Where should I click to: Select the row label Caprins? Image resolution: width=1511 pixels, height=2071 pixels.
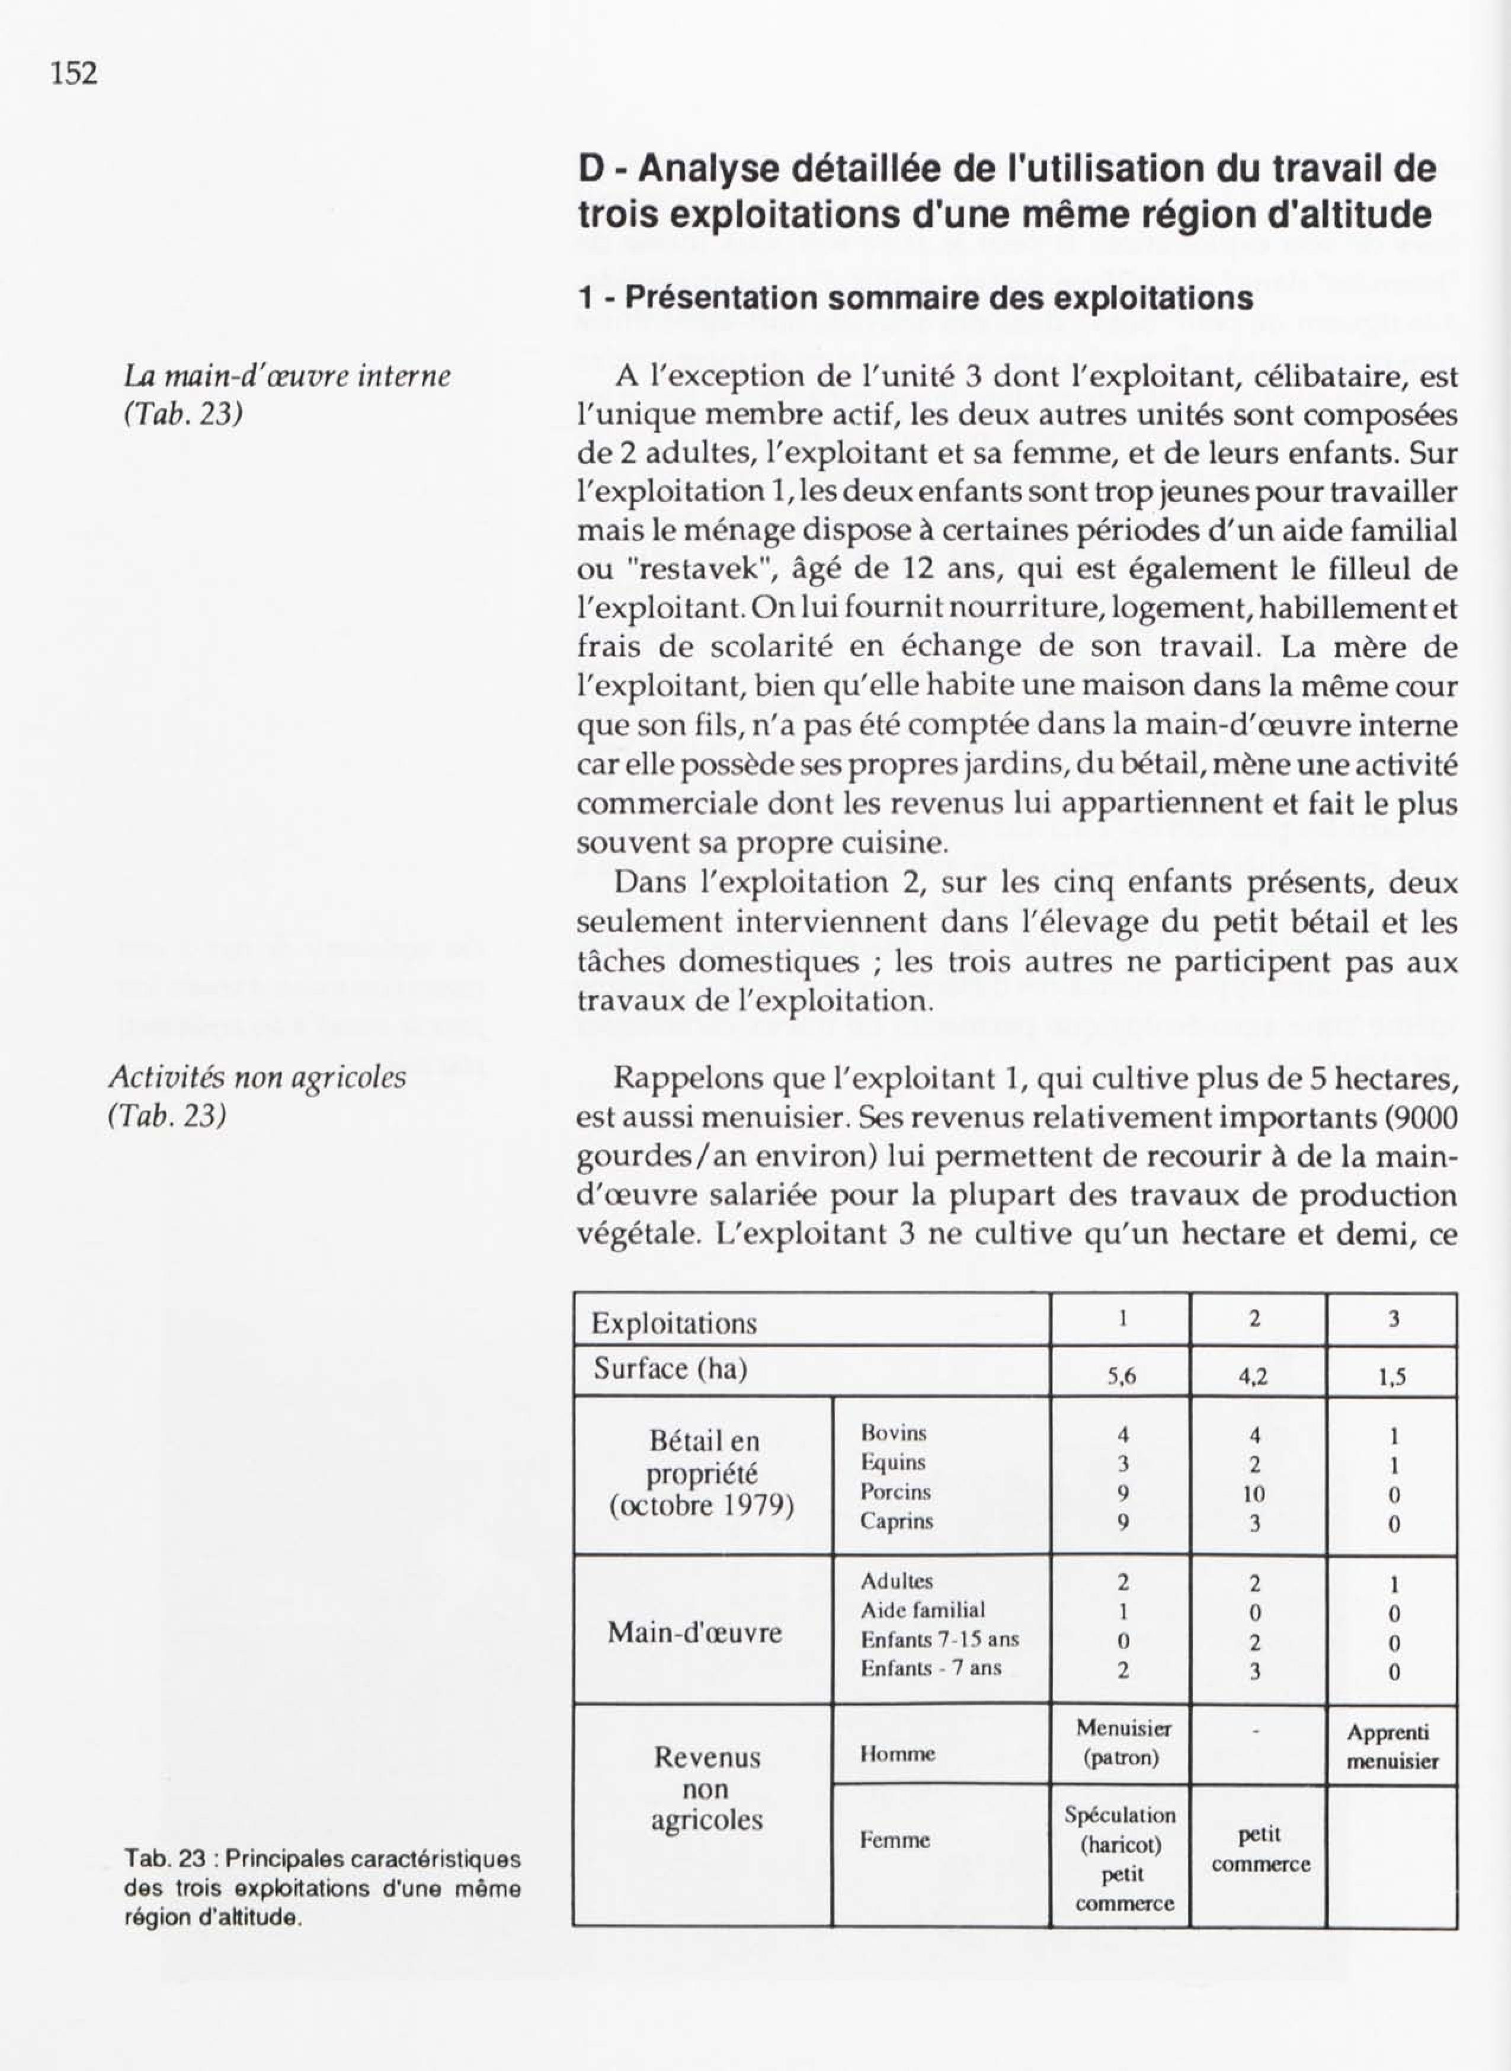tap(897, 1521)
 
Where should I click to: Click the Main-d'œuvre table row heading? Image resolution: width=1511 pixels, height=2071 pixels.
tap(695, 1634)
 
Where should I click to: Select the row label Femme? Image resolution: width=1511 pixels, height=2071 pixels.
tap(895, 1839)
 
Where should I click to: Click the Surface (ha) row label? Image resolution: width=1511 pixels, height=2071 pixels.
tap(670, 1369)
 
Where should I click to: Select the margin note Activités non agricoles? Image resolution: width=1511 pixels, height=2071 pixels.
tap(257, 1078)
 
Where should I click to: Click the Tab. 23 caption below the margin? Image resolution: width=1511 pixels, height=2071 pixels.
tap(322, 1887)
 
